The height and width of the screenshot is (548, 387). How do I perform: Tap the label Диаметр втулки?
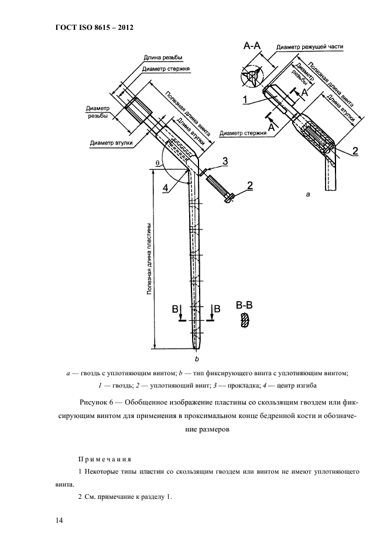pos(111,142)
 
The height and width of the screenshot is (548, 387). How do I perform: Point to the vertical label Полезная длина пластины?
pos(150,258)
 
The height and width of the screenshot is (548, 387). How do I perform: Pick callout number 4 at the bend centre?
pos(166,187)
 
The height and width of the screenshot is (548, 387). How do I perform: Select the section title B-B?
pos(244,305)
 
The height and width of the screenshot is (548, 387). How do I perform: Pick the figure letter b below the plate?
pos(196,358)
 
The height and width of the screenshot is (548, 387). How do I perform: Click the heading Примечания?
pos(104,458)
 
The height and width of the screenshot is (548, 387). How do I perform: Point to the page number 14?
pos(59,520)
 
